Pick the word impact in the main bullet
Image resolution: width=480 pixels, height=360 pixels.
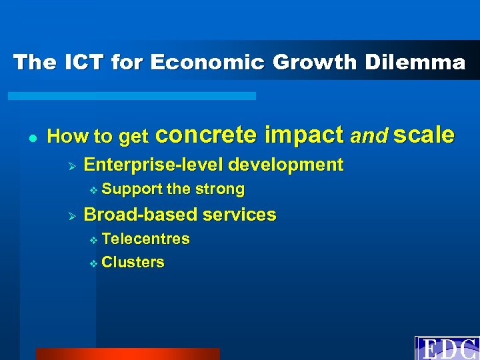point(304,135)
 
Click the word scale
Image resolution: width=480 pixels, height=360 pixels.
point(424,135)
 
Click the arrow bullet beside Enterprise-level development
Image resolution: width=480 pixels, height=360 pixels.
point(73,165)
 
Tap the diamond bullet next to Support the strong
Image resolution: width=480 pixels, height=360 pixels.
point(93,190)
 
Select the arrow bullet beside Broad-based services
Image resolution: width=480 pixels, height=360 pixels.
point(73,215)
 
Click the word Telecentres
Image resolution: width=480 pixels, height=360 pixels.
point(145,239)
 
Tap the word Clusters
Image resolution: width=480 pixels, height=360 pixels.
point(133,263)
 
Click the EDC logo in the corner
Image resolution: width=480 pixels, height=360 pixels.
point(447,348)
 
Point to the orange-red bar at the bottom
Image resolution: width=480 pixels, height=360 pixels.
point(127,353)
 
